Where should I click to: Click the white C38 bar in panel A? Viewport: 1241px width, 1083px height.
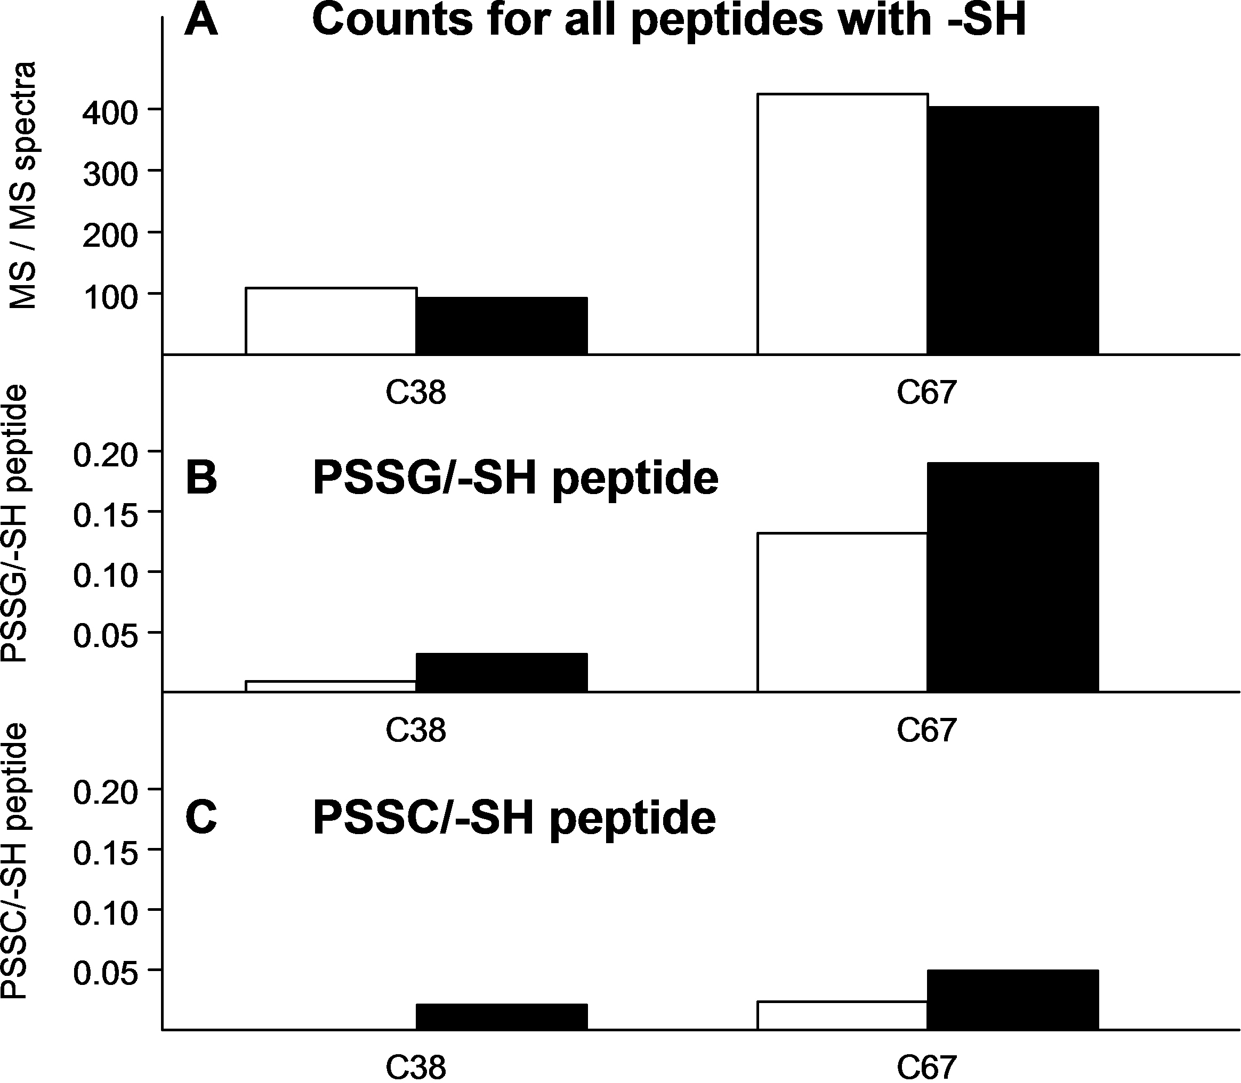[x=331, y=321]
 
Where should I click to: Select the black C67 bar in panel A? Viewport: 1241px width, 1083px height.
[x=1012, y=230]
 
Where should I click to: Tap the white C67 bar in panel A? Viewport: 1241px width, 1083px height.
[x=842, y=224]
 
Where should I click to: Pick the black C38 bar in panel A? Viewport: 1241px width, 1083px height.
[x=502, y=326]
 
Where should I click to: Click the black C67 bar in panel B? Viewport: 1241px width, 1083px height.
[x=1012, y=577]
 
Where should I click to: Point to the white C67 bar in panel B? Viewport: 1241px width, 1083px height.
[x=842, y=612]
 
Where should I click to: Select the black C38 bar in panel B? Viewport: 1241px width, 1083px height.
[x=502, y=673]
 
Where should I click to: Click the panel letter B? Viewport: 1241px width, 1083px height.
[x=202, y=479]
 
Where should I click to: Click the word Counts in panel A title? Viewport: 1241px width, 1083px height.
[x=392, y=19]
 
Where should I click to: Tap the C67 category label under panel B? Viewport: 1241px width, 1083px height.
[x=926, y=730]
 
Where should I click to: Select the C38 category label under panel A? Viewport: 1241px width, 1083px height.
[x=416, y=393]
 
